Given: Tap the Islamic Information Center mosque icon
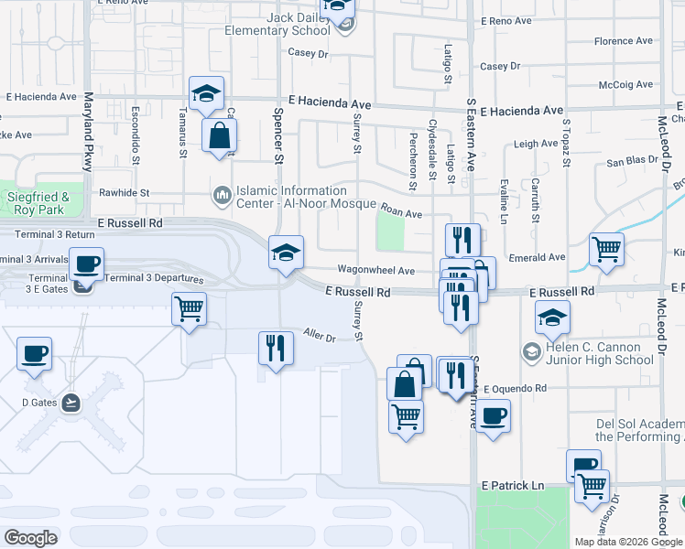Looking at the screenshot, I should [221, 195].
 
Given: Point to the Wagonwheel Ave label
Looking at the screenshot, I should [376, 271].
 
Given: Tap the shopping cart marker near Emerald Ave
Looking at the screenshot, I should [606, 250].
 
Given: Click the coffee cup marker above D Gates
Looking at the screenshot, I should [35, 353].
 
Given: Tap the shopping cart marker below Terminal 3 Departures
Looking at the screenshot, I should [189, 309].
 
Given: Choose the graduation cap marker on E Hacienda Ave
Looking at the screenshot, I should [207, 93].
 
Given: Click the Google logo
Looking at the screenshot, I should [30, 538].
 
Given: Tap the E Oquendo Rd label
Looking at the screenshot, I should [515, 388].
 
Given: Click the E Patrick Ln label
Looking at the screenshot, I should [512, 484].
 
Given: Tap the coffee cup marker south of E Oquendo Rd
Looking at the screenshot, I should [493, 416].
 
